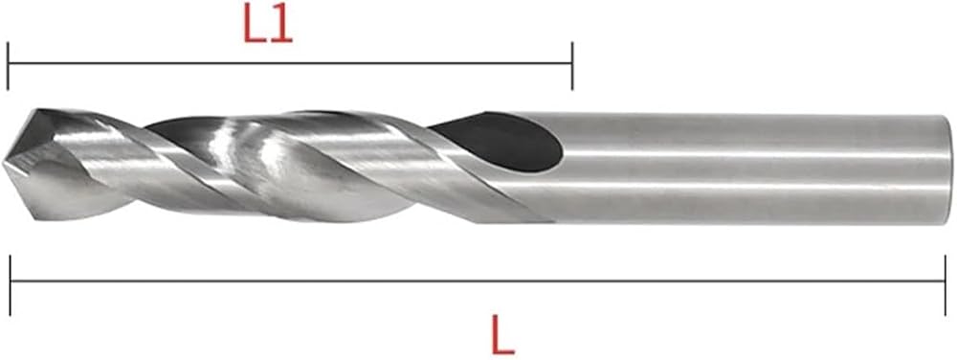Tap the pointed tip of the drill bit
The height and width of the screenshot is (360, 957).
(x=4, y=164)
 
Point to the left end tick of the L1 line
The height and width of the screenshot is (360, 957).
(x=8, y=66)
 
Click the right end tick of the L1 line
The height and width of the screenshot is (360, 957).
(x=572, y=66)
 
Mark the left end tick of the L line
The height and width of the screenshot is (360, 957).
(x=11, y=285)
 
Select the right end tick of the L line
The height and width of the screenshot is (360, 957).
(x=946, y=285)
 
